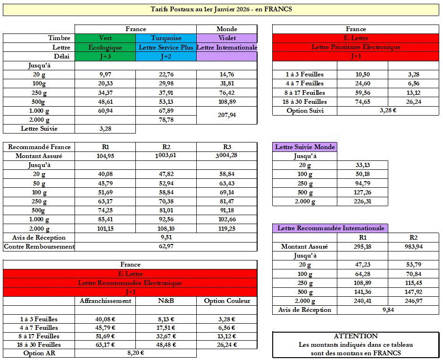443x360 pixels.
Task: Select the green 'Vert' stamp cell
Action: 105,38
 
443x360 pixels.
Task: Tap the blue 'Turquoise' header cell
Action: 166,38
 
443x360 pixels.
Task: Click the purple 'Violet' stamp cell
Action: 226,38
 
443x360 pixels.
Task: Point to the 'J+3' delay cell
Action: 105,57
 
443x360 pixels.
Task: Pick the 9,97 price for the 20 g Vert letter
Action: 105,75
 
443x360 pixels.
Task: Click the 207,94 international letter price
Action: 226,115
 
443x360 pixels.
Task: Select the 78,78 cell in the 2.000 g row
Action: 166,120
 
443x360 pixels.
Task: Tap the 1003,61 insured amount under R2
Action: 166,156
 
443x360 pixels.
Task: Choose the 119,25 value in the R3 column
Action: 226,228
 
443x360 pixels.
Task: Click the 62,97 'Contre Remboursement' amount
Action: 166,246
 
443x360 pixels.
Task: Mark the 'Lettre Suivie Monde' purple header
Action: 305,147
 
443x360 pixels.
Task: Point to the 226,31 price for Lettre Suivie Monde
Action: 362,201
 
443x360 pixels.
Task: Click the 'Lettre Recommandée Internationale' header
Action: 330,228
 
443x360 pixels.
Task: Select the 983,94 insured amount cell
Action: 413,246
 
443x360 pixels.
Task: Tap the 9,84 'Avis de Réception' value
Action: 388,310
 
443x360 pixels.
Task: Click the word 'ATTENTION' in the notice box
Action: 355,336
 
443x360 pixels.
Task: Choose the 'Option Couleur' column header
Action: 226,301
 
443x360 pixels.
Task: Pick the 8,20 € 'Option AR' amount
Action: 135,352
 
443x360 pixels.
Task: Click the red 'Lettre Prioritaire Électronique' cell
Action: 356,47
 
